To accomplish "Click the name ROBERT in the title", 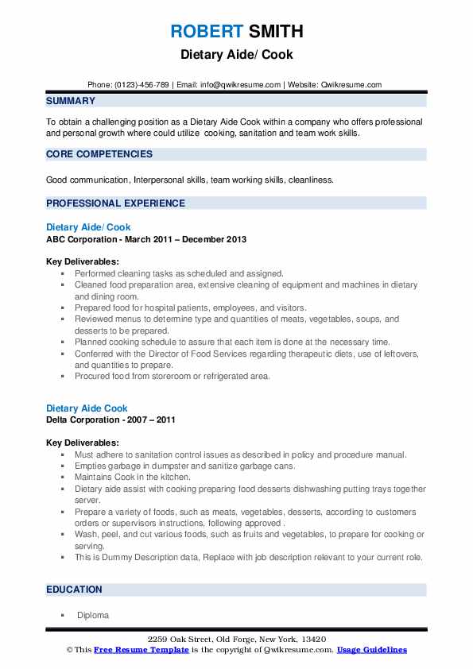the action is click(x=205, y=32).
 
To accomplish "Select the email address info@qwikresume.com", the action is click(x=242, y=85).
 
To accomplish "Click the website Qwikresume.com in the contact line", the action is click(x=351, y=85).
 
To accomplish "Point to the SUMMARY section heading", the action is click(x=71, y=101).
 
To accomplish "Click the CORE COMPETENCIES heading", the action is click(x=99, y=153).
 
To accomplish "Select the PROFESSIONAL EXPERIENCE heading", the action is click(x=115, y=203).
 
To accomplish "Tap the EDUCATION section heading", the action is click(x=74, y=590).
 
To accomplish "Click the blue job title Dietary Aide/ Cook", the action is click(x=88, y=227).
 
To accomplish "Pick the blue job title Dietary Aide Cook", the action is click(x=87, y=408).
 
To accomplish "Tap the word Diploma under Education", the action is click(x=93, y=615).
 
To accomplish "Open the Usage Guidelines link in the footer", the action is click(x=371, y=649).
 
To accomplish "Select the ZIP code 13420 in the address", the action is click(x=311, y=639).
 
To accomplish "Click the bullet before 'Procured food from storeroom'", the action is click(x=63, y=376).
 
